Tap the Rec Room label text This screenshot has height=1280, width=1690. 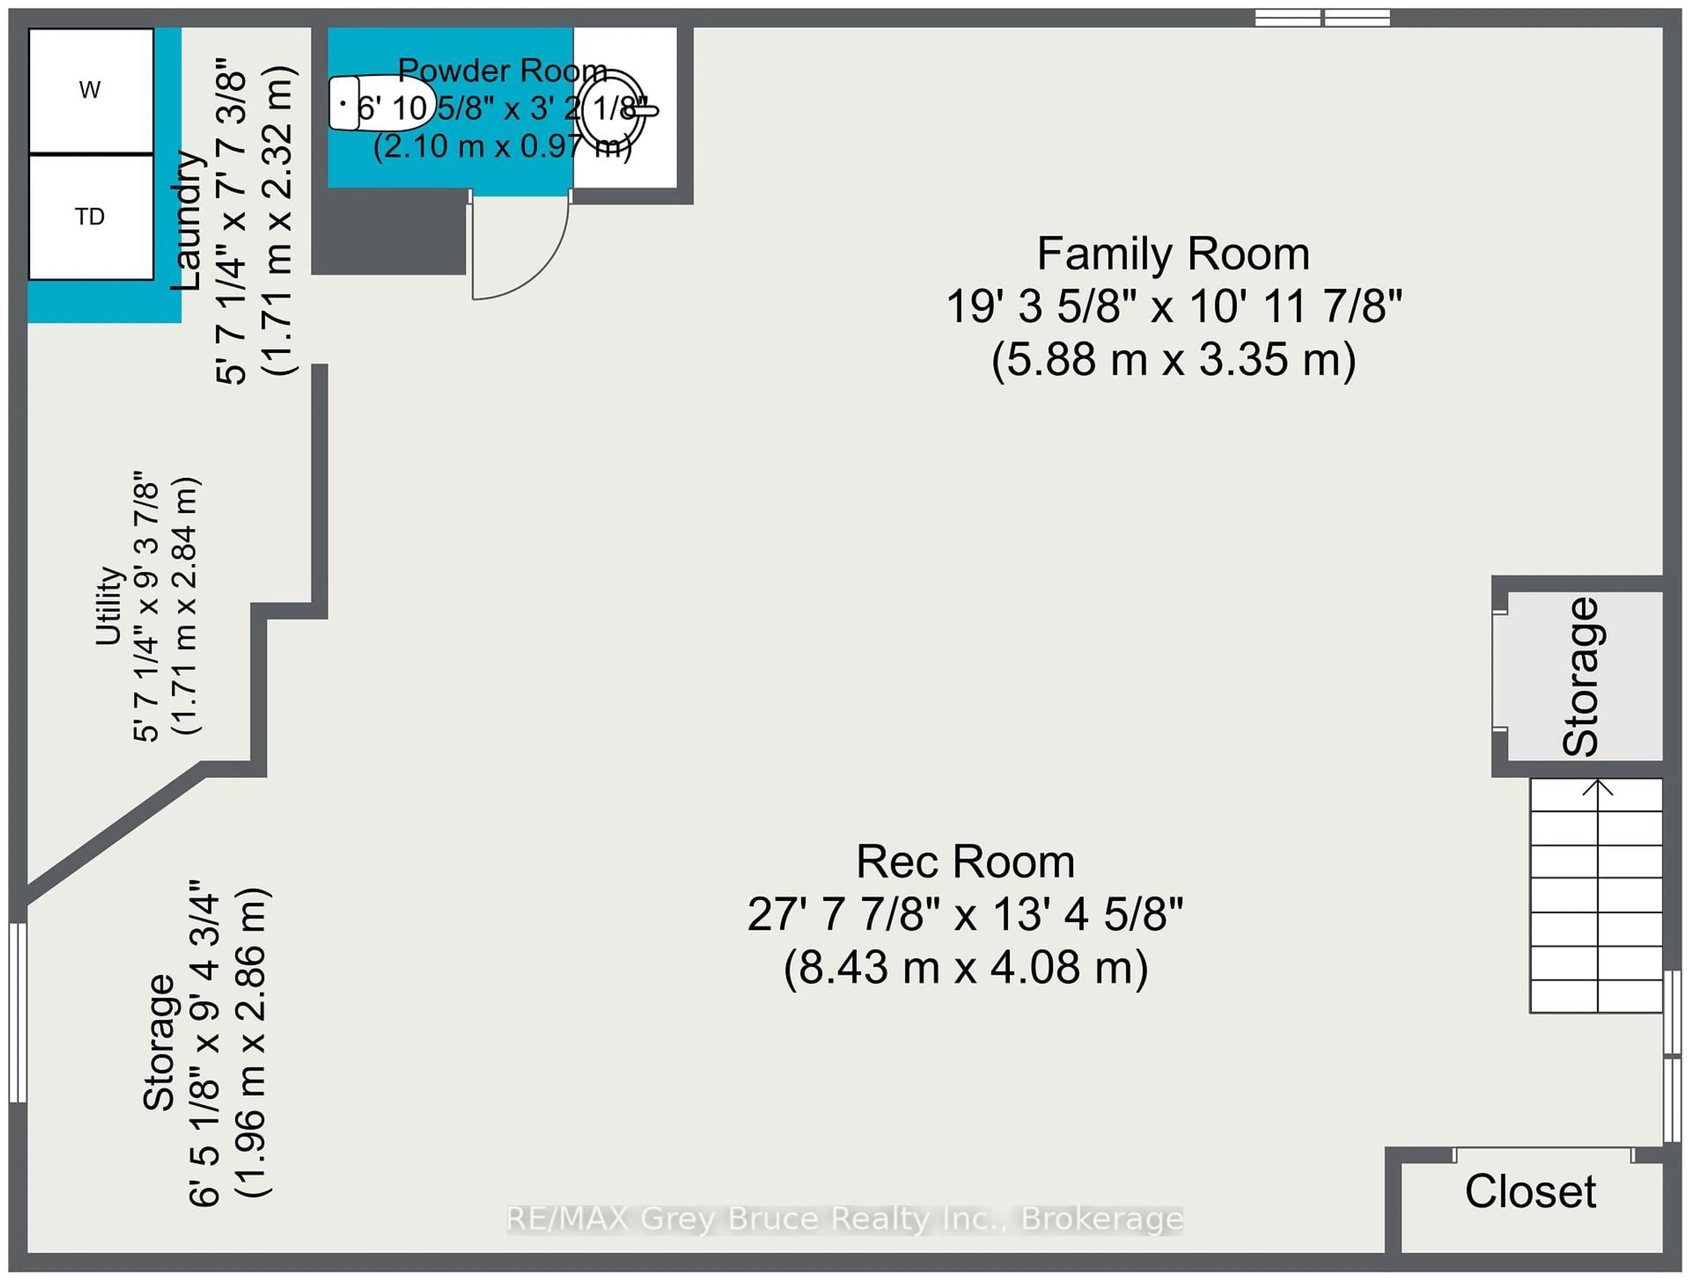pyautogui.click(x=965, y=862)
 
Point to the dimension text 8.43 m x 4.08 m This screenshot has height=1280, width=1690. pyautogui.click(x=965, y=968)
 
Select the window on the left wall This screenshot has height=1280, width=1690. pyautogui.click(x=18, y=1013)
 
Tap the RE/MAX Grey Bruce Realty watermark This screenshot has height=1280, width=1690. pyautogui.click(x=844, y=1219)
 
